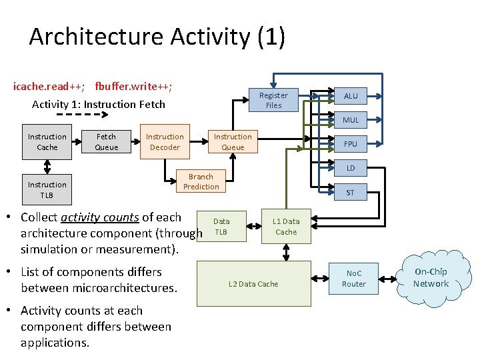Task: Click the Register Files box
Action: pyautogui.click(x=273, y=100)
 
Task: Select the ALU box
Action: pyautogui.click(x=351, y=96)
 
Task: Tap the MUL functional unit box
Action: pyautogui.click(x=351, y=120)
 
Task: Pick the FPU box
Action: pyautogui.click(x=351, y=143)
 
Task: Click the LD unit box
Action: pyautogui.click(x=351, y=168)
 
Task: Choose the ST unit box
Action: pyautogui.click(x=351, y=193)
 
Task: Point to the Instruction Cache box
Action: pyautogui.click(x=47, y=142)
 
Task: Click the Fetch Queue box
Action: pyautogui.click(x=106, y=142)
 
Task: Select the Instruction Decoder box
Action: pyautogui.click(x=165, y=142)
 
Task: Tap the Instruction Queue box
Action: pyautogui.click(x=233, y=142)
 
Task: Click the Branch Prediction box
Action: pyautogui.click(x=201, y=181)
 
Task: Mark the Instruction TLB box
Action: pyautogui.click(x=47, y=189)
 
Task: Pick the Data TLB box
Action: pyautogui.click(x=221, y=227)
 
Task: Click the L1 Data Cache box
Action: pyautogui.click(x=286, y=227)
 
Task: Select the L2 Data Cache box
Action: pyautogui.click(x=253, y=284)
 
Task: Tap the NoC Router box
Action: pyautogui.click(x=354, y=279)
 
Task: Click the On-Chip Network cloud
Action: pyautogui.click(x=431, y=278)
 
